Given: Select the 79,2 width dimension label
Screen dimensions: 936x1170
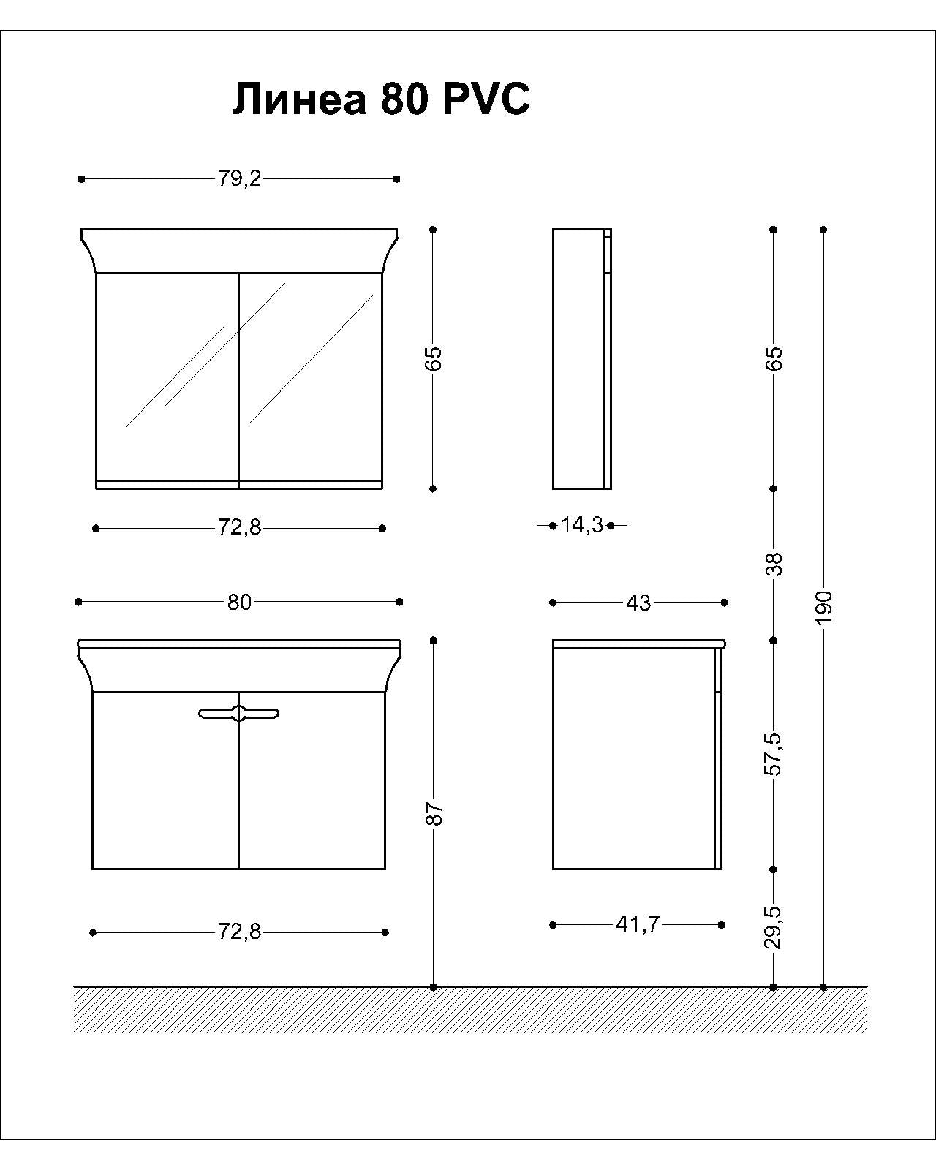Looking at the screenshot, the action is coord(239,178).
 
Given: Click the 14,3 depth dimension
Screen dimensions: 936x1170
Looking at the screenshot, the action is coord(582,525).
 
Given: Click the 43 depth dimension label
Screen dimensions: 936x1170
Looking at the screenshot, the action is coord(638,603).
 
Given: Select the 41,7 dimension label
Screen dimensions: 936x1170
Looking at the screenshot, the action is coord(638,924).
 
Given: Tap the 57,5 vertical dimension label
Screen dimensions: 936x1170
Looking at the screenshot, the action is coord(774,754).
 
